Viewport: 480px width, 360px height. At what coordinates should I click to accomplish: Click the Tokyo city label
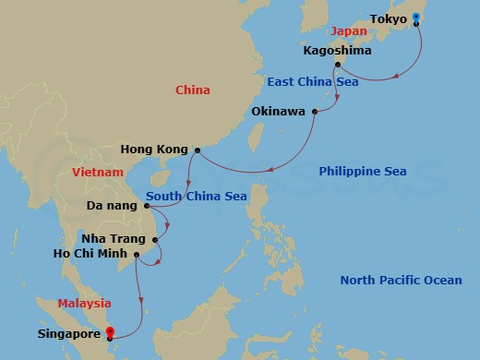click(387, 18)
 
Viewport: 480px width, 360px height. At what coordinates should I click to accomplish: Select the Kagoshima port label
click(337, 50)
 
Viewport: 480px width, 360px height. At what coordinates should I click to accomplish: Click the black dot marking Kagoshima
click(338, 65)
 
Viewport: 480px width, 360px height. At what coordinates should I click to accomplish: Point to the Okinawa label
click(280, 113)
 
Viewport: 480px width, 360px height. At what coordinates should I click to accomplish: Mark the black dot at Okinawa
click(315, 113)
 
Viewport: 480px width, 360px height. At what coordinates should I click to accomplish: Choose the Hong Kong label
click(154, 150)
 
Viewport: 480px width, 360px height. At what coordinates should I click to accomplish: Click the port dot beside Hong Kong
click(198, 150)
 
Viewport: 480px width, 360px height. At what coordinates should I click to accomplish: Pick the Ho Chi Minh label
click(95, 254)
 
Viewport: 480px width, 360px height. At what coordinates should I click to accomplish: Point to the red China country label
click(193, 90)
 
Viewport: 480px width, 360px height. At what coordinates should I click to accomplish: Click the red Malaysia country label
click(84, 304)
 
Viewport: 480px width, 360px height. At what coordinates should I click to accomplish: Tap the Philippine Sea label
click(362, 172)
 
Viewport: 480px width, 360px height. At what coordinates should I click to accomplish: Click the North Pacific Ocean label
click(401, 281)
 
